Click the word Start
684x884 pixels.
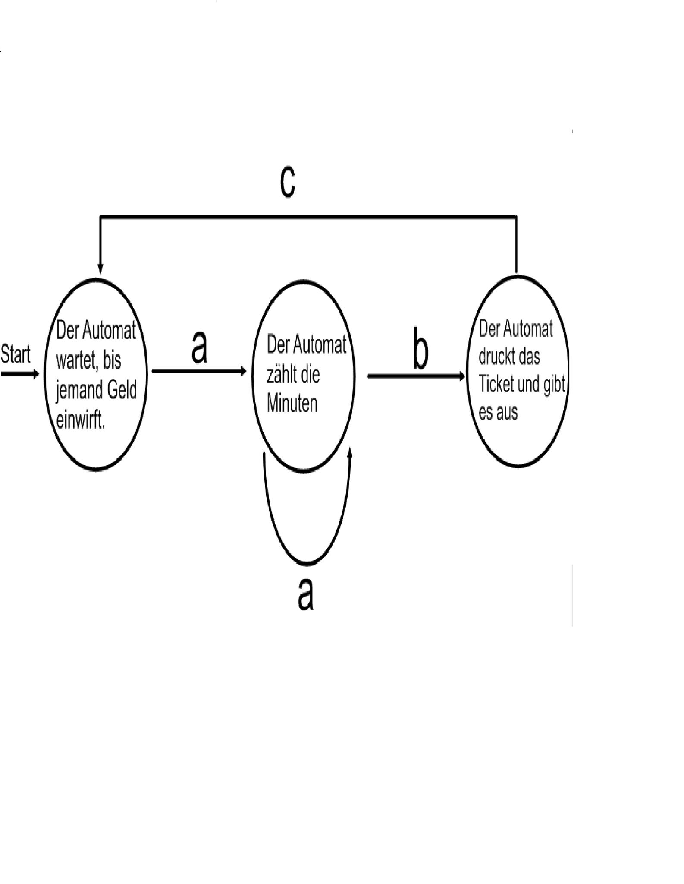click(16, 354)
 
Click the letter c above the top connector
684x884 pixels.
click(287, 181)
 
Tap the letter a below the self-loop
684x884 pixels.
click(305, 595)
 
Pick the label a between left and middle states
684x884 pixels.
click(199, 348)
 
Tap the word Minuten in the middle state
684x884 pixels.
click(292, 404)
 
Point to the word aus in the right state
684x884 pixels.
click(507, 412)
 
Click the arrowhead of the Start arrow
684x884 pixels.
click(36, 374)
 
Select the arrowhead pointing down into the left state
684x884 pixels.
click(100, 269)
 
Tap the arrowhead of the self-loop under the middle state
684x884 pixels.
click(350, 453)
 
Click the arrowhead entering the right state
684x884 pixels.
click(462, 376)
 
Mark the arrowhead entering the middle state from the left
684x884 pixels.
click(244, 371)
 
